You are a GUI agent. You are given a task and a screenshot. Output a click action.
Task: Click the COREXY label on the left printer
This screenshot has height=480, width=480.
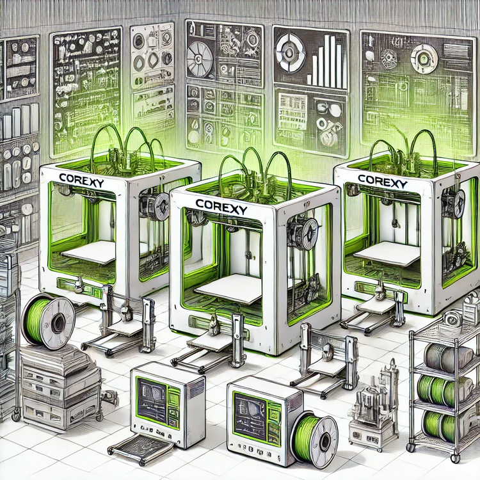click(x=81, y=180)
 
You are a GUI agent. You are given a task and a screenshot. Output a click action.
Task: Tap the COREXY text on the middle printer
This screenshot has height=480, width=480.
click(x=221, y=205)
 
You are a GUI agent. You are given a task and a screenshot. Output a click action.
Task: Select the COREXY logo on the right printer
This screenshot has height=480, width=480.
click(x=382, y=181)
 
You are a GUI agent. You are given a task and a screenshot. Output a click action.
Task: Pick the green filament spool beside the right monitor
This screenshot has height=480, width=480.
click(x=314, y=436)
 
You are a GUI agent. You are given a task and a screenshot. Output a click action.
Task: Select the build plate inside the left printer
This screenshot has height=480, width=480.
click(x=89, y=252)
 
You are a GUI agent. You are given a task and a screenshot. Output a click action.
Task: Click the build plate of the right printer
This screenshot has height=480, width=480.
click(x=387, y=254)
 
